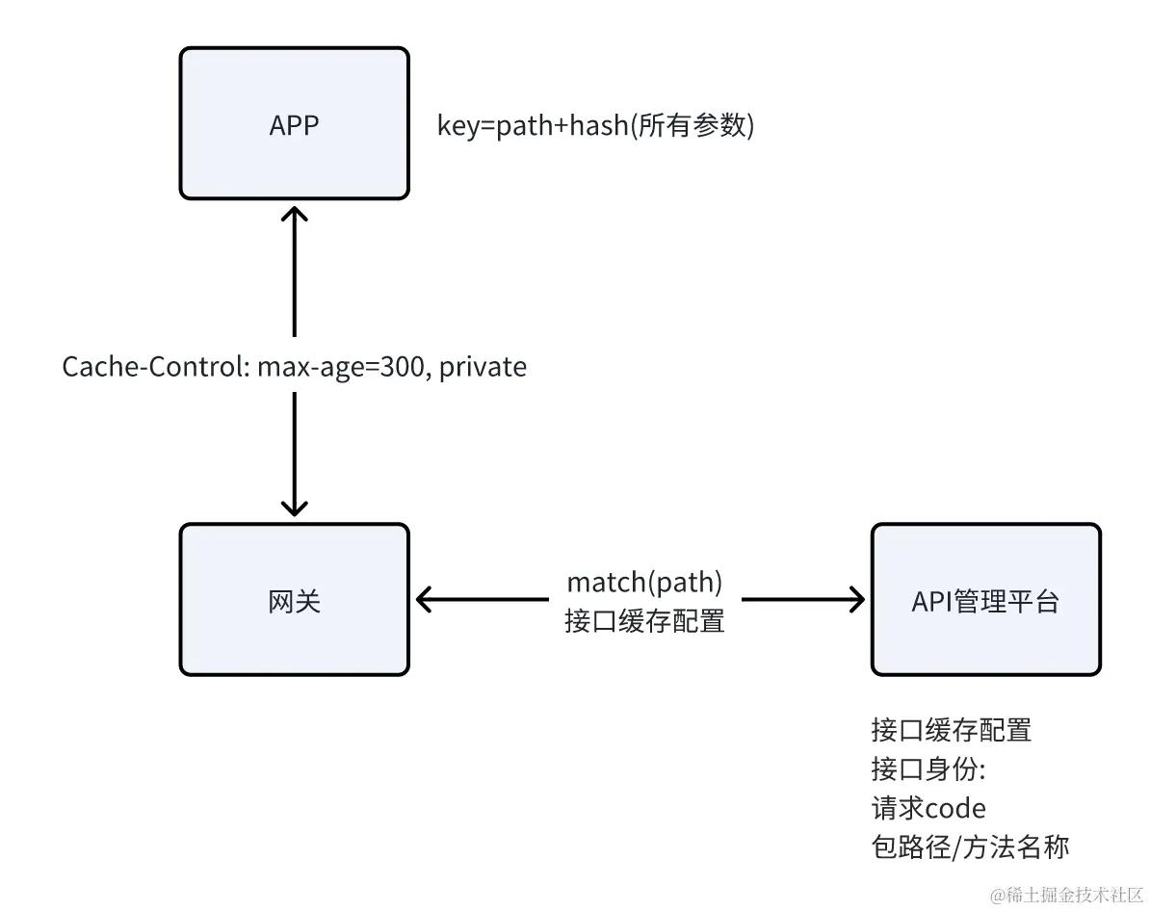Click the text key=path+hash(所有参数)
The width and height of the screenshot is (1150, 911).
point(595,126)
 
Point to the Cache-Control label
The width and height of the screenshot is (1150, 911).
point(294,367)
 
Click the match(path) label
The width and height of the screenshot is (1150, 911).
point(644,582)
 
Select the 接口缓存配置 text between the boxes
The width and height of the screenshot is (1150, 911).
point(644,621)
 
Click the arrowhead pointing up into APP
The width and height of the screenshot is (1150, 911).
point(294,214)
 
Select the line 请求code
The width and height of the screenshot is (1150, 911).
point(928,807)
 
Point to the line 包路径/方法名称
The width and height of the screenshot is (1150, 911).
point(970,846)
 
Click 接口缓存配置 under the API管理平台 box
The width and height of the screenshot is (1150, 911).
point(951,730)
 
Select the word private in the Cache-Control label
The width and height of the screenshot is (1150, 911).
point(483,367)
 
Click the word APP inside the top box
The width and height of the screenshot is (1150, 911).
point(294,126)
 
